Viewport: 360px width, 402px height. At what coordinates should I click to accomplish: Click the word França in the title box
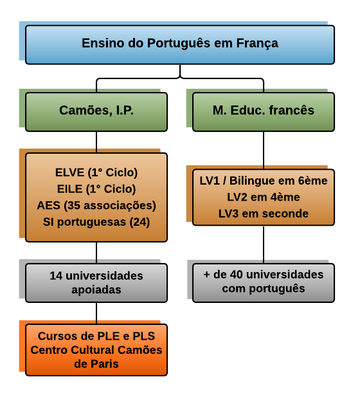pyautogui.click(x=257, y=44)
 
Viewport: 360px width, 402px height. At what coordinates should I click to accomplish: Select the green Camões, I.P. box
pyautogui.click(x=96, y=112)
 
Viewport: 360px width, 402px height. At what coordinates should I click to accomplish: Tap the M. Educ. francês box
pyautogui.click(x=264, y=112)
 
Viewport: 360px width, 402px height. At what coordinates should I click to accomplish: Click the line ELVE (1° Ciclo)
pyautogui.click(x=96, y=172)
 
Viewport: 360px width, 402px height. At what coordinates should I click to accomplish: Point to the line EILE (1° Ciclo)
pyautogui.click(x=96, y=189)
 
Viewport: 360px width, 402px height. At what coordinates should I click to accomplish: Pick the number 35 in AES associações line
pyautogui.click(x=74, y=205)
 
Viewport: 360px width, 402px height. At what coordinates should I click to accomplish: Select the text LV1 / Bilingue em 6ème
pyautogui.click(x=264, y=181)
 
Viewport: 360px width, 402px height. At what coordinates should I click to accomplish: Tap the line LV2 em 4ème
pyautogui.click(x=264, y=197)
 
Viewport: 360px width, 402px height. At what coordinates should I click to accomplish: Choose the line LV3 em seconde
pyautogui.click(x=264, y=214)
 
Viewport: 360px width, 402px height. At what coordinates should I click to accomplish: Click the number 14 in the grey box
pyautogui.click(x=56, y=276)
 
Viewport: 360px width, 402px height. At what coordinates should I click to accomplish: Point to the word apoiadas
pyautogui.click(x=96, y=290)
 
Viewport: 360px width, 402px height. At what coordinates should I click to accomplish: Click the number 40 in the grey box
pyautogui.click(x=236, y=275)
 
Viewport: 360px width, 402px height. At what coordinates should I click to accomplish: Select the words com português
pyautogui.click(x=264, y=289)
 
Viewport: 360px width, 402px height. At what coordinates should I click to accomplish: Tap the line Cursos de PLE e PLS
pyautogui.click(x=96, y=336)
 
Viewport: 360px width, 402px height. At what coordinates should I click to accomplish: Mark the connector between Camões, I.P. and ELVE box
pyautogui.click(x=96, y=142)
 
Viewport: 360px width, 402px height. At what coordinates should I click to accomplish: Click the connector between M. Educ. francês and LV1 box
pyautogui.click(x=264, y=151)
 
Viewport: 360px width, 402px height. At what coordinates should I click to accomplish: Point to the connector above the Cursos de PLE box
pyautogui.click(x=96, y=313)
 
